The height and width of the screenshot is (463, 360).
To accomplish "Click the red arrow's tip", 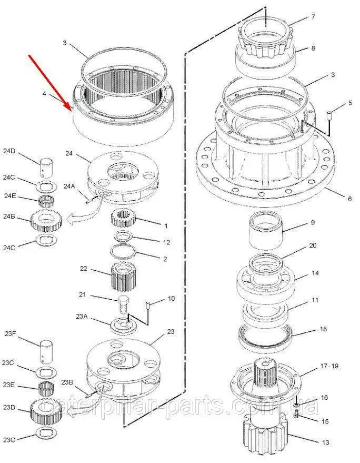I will pos(72,110).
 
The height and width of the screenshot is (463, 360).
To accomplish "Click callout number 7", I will pos(313,17).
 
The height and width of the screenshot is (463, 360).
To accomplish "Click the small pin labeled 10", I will pos(148,305).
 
